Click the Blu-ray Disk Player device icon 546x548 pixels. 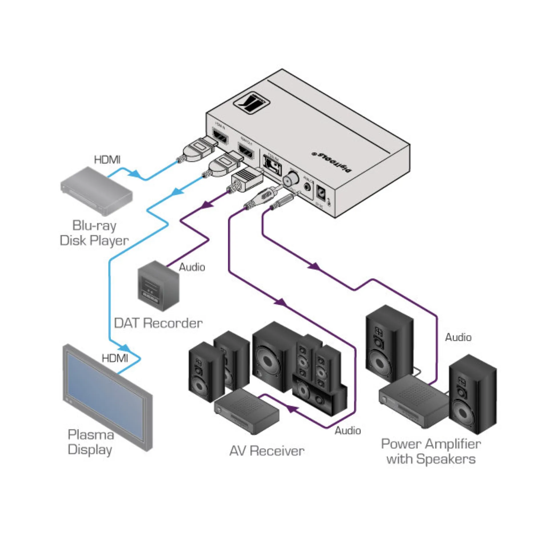96,190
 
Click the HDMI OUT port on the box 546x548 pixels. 246,152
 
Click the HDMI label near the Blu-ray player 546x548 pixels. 107,160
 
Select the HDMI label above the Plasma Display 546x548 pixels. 115,358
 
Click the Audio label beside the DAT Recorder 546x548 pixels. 192,267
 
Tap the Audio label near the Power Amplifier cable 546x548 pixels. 458,337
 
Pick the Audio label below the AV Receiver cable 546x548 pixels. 347,430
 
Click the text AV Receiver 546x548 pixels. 267,451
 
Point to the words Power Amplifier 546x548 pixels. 431,444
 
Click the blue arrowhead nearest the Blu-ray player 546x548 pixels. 135,173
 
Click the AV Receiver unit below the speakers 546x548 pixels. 247,411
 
